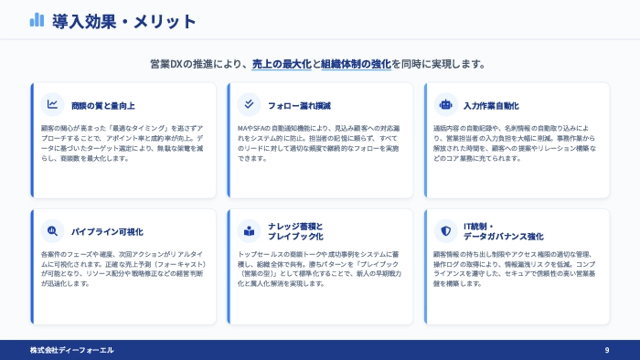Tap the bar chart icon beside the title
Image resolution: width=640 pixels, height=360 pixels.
[37, 20]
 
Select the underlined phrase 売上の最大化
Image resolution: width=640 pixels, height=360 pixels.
[282, 64]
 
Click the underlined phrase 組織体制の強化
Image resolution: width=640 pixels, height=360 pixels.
[356, 64]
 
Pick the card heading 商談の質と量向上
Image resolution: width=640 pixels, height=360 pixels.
[102, 105]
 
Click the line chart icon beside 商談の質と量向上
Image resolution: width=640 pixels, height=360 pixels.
[53, 104]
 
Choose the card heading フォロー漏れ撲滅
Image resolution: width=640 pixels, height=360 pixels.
[299, 105]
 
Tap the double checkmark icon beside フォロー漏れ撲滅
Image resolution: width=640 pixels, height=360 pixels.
[249, 104]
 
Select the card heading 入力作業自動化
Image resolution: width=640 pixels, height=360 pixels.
[491, 105]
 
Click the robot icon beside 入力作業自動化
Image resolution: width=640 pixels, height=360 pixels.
[445, 104]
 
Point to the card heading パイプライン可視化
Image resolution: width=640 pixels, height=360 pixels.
[107, 231]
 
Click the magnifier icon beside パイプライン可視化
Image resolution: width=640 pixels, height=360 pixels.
[53, 230]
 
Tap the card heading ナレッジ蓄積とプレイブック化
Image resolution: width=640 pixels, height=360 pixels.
[295, 230]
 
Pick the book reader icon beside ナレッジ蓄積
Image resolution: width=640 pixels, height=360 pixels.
[249, 230]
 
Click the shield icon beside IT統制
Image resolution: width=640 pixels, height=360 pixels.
[445, 230]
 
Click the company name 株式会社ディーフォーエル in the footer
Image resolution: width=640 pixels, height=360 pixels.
[71, 350]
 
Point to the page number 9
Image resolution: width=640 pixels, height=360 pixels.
[606, 350]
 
